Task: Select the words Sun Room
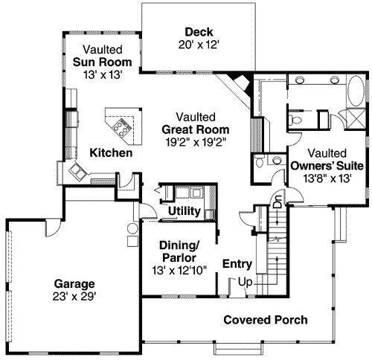pos(103,62)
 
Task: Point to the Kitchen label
pos(111,153)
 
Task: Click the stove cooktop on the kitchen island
pos(121,130)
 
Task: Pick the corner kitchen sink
pos(77,172)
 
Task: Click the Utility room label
pos(183,212)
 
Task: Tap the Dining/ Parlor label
pos(180,251)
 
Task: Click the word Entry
pos(237,264)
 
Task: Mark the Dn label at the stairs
pos(278,201)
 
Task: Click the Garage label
pos(74,283)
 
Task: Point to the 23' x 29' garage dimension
pos(74,295)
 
